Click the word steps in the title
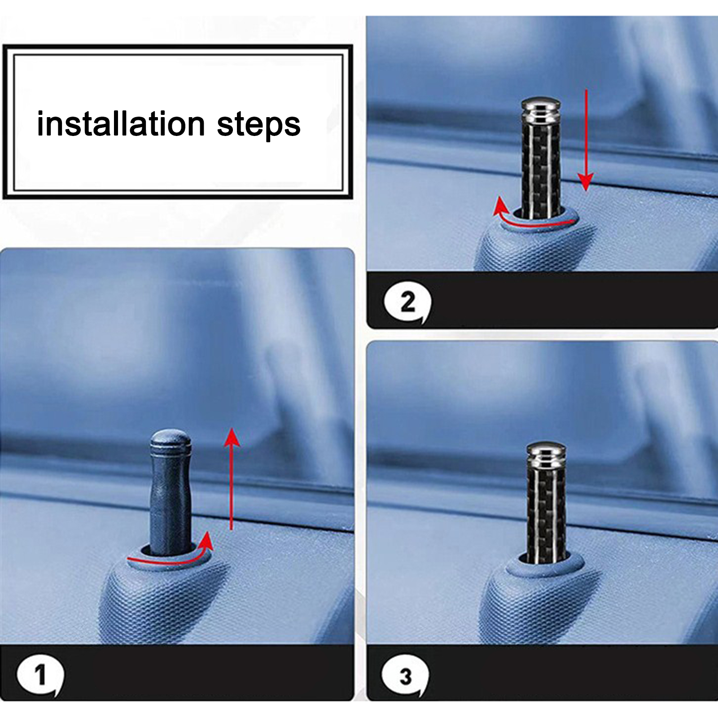point(259,125)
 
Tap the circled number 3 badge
point(405,676)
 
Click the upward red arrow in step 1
point(232,478)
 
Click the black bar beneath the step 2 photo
point(543,300)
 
